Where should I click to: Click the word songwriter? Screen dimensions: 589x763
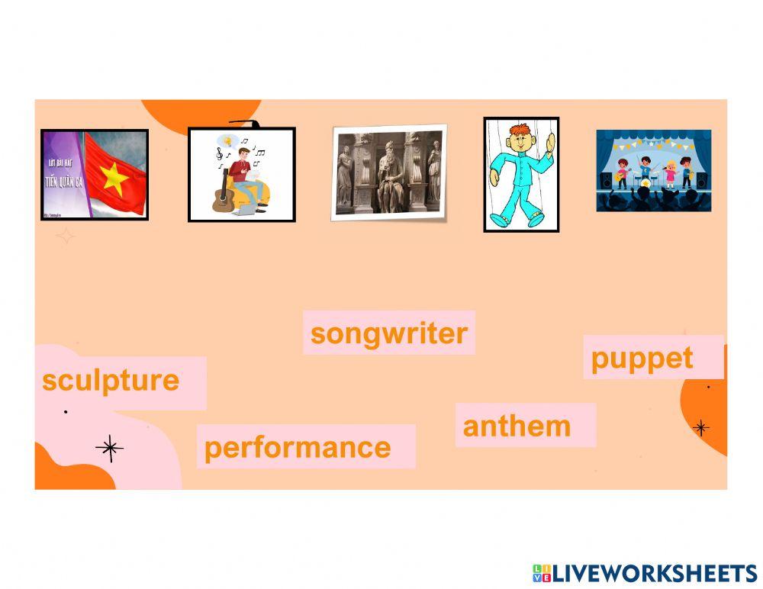click(388, 333)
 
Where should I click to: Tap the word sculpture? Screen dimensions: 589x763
click(111, 380)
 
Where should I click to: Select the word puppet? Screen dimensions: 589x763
click(642, 358)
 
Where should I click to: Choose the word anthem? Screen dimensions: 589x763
click(517, 426)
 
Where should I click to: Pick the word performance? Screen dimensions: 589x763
click(298, 447)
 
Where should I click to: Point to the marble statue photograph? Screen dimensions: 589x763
click(389, 172)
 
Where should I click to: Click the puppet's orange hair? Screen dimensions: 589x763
click(519, 129)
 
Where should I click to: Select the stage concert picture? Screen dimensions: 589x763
click(653, 171)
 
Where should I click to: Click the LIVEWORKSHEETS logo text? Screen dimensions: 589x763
click(653, 574)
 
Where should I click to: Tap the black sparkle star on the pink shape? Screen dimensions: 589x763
click(110, 449)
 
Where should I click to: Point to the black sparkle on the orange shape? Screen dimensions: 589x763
click(700, 427)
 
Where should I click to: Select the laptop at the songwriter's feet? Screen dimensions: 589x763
click(245, 208)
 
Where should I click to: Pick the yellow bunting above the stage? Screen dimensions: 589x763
click(653, 142)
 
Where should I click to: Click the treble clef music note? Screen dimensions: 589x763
click(220, 154)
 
